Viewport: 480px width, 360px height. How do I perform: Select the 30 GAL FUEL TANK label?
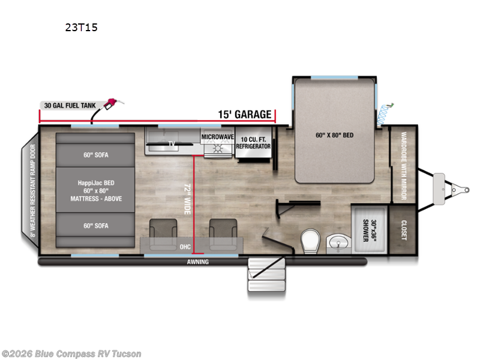point(69,105)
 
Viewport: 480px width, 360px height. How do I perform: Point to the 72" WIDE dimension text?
point(187,199)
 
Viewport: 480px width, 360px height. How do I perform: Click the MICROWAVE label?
point(217,137)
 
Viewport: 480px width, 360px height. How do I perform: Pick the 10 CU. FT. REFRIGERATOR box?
point(253,143)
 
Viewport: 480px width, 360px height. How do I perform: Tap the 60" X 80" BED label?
point(334,135)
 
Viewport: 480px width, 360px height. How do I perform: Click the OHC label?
point(185,247)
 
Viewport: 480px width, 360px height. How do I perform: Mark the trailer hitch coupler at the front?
point(460,190)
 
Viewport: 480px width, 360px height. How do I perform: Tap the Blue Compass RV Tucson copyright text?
point(71,354)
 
